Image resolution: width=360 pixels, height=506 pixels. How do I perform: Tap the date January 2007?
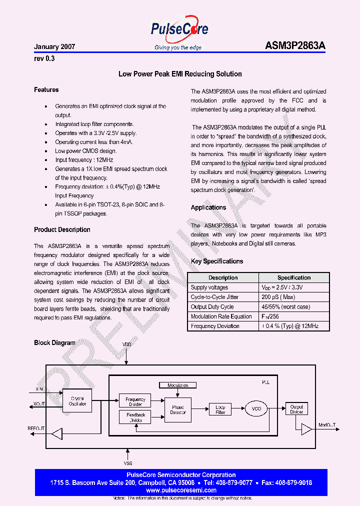coord(54,46)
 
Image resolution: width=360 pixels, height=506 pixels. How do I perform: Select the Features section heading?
coord(46,90)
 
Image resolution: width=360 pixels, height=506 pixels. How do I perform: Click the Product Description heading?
coord(62,230)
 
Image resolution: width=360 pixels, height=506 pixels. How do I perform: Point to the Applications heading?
coord(208,207)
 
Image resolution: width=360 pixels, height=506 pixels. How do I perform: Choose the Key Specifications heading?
coord(217,261)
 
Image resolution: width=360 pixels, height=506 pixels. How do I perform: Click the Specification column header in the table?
coord(294,278)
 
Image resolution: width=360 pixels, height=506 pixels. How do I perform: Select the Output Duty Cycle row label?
coord(212,307)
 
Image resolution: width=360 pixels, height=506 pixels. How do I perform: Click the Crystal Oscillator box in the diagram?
coord(77,401)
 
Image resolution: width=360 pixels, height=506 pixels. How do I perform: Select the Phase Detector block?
coord(178,409)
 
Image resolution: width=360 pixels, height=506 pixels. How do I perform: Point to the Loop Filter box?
coord(220,409)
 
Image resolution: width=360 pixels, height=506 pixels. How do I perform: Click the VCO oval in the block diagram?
coord(256,408)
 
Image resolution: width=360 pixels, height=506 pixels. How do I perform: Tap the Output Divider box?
coord(296,409)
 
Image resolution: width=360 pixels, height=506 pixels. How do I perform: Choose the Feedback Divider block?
coord(135,417)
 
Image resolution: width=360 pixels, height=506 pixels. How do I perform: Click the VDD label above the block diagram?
coord(127,345)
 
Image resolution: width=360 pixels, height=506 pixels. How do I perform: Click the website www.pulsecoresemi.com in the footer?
coord(181,491)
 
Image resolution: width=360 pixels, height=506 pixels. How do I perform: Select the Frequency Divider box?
coord(135,401)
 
